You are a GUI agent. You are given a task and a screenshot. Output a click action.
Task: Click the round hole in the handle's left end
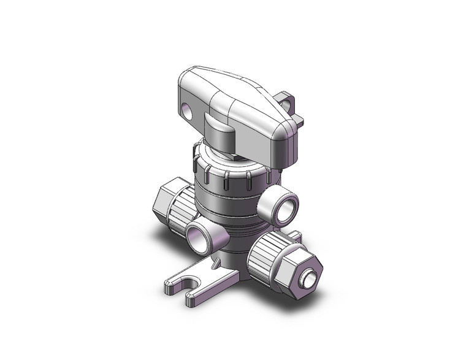[x=187, y=112]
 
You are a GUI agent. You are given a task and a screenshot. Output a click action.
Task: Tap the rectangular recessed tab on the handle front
[x=218, y=129]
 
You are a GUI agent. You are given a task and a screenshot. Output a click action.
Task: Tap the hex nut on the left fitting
[x=161, y=197]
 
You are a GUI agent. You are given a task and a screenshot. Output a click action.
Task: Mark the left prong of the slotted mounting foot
[x=175, y=284]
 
